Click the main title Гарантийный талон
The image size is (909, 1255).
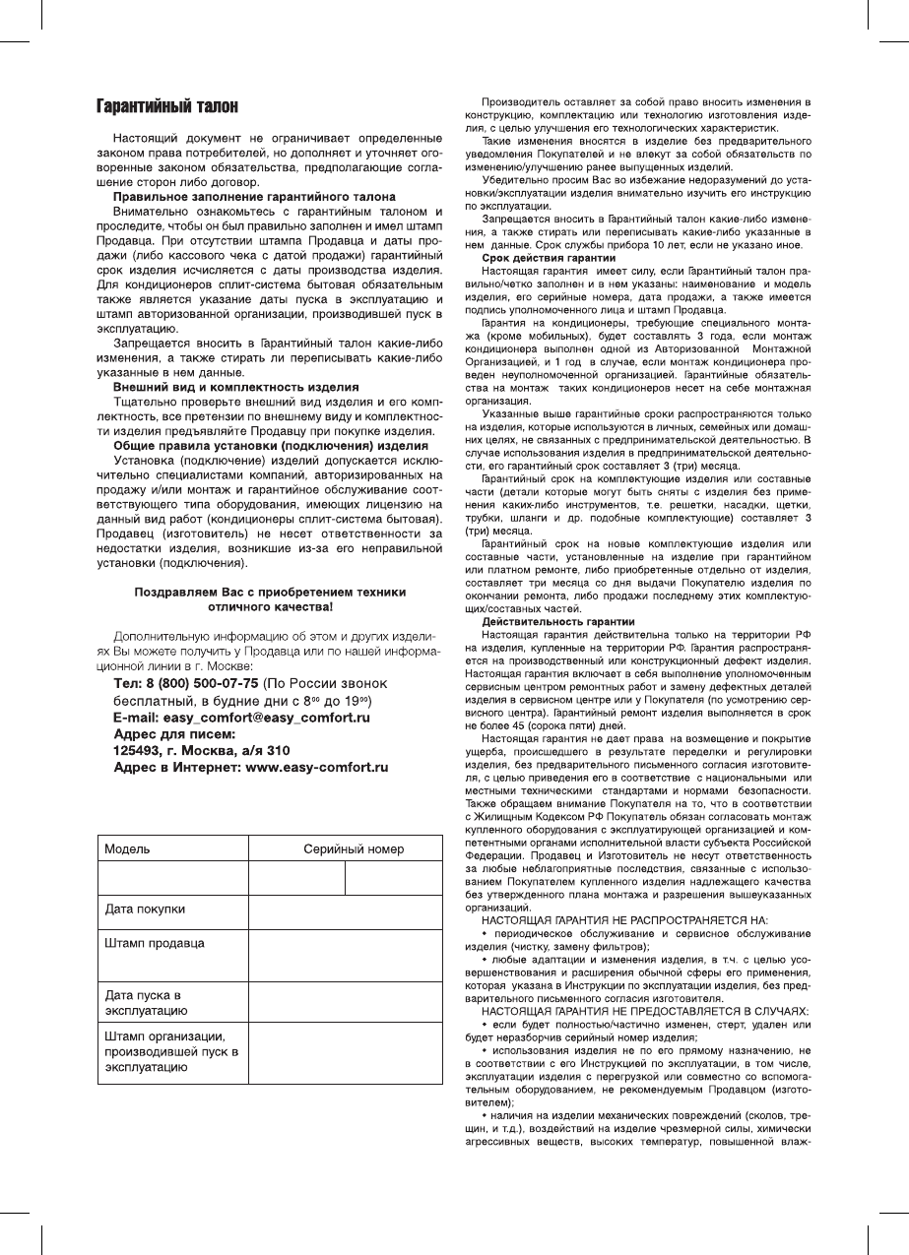point(166,105)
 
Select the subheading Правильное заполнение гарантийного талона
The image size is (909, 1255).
point(255,198)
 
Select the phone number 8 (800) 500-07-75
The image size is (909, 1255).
point(202,683)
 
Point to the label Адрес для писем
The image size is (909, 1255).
point(174,733)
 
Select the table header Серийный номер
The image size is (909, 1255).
point(353,848)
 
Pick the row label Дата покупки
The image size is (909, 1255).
point(145,909)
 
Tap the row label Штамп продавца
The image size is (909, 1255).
point(155,943)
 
